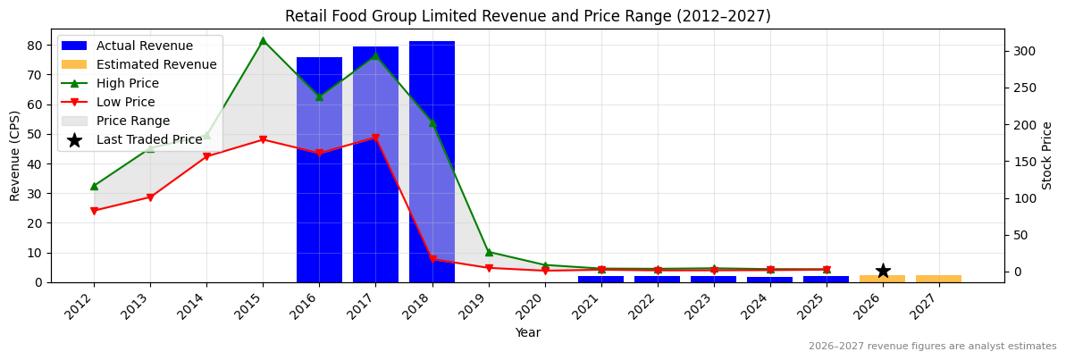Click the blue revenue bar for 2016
pos(319,170)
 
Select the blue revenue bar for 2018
pos(432,161)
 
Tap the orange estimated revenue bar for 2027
pos(938,279)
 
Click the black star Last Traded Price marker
pos(883,271)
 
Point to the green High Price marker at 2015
pos(263,40)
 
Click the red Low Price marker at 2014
pos(206,156)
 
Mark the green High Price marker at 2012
pos(94,186)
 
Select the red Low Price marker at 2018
pos(432,259)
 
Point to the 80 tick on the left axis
pos(35,45)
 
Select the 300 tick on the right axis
pos(1021,51)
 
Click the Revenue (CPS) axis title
pos(15,155)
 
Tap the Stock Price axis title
pos(1047,155)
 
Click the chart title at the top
pos(527,16)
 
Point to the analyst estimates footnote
pos(932,347)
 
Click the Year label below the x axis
pos(527,332)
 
